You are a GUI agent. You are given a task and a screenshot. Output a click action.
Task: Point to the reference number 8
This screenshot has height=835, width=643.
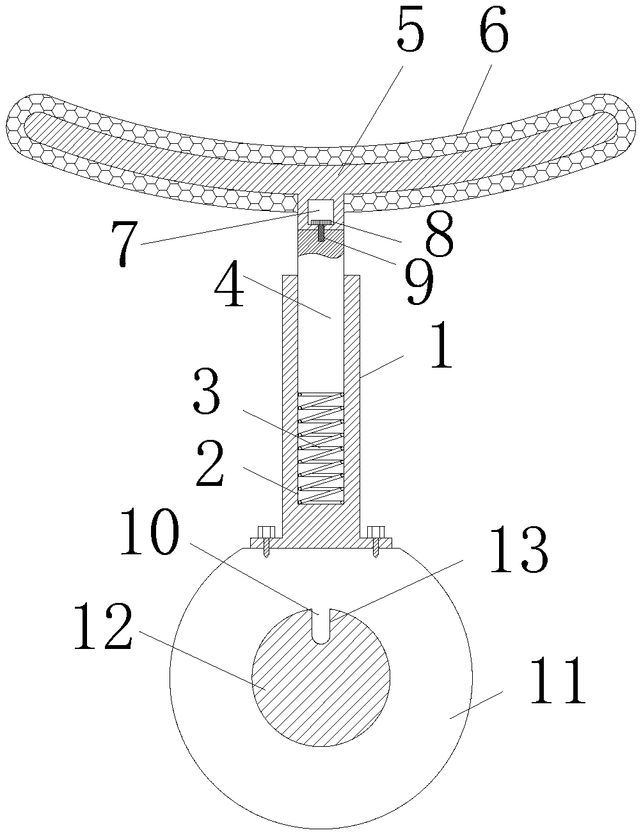click(x=438, y=235)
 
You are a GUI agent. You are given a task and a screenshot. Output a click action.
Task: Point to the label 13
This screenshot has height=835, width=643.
click(x=518, y=551)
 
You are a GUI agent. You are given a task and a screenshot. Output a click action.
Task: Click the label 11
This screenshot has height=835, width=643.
click(x=557, y=680)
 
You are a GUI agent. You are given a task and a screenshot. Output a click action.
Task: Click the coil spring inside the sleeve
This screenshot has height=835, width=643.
click(x=321, y=448)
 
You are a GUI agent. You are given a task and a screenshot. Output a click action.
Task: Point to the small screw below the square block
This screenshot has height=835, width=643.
click(x=321, y=228)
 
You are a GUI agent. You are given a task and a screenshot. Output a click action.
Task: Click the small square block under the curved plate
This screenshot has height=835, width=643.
click(x=321, y=209)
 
